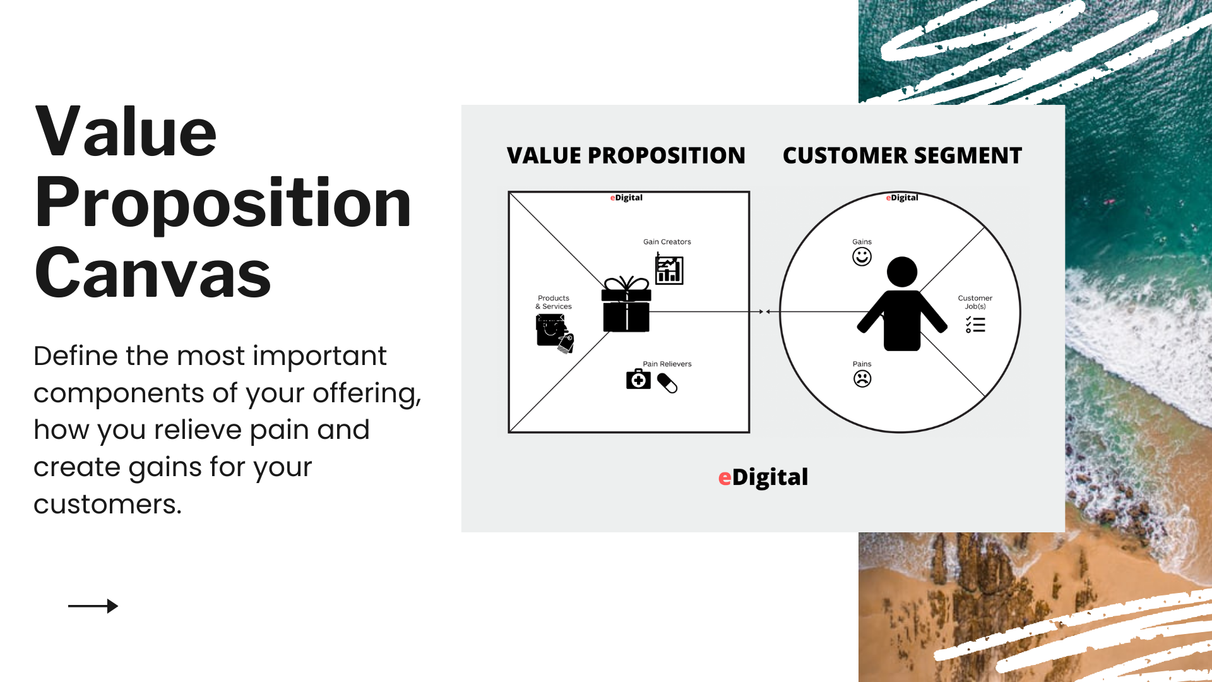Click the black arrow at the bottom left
[93, 606]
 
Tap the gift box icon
[626, 304]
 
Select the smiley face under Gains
[862, 257]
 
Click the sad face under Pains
[862, 379]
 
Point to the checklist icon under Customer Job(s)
[975, 325]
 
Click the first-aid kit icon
[638, 379]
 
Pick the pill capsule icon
[667, 383]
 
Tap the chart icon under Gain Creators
[669, 269]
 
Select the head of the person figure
[902, 272]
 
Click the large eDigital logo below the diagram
[763, 477]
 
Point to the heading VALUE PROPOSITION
[626, 155]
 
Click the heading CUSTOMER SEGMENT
[902, 155]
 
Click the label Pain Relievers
[667, 364]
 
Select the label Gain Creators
[667, 242]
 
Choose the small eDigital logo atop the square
[626, 198]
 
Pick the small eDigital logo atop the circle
[902, 198]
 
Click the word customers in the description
[107, 505]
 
